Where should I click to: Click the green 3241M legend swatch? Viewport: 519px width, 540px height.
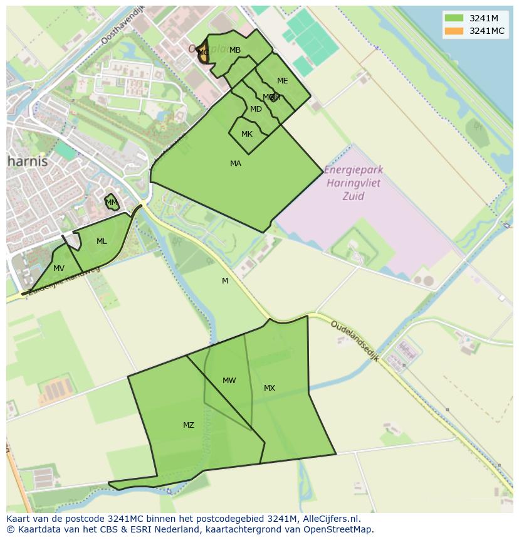click(x=454, y=18)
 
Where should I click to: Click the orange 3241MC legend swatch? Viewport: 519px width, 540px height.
click(x=454, y=31)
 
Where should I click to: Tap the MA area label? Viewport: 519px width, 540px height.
click(x=236, y=164)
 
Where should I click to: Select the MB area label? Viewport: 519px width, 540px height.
click(x=235, y=50)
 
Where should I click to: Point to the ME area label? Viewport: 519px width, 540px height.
click(x=283, y=81)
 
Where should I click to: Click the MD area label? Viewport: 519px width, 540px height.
click(x=256, y=109)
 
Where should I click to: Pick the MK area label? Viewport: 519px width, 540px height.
click(x=247, y=134)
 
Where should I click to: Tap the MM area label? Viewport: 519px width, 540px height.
click(x=112, y=203)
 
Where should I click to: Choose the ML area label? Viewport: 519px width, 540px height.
click(x=102, y=241)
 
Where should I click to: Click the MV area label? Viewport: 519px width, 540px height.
click(x=59, y=268)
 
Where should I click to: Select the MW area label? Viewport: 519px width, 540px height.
click(x=229, y=381)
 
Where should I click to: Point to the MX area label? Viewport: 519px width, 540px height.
click(x=270, y=388)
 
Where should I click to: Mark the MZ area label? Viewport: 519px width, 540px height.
click(x=189, y=425)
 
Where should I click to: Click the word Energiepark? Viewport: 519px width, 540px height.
click(x=354, y=171)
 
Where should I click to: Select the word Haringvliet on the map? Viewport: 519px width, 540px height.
click(x=354, y=184)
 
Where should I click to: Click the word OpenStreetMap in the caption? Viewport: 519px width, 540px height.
click(x=338, y=529)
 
